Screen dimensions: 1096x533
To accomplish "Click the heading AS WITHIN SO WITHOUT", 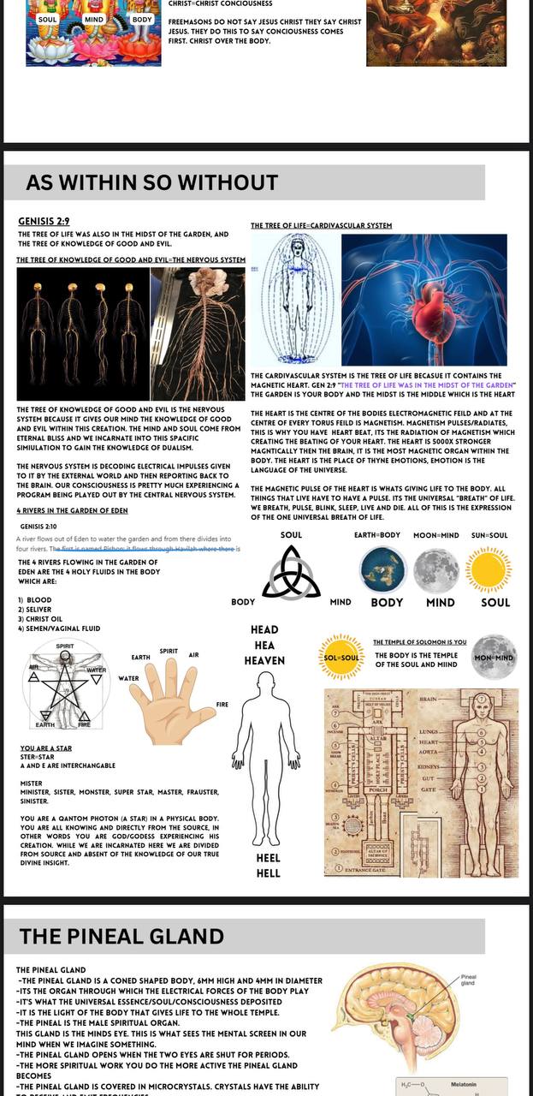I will (151, 182).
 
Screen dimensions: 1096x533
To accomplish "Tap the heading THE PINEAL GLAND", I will (121, 936).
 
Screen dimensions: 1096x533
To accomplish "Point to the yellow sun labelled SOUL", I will (489, 569).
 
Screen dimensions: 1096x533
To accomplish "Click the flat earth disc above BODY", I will (383, 569).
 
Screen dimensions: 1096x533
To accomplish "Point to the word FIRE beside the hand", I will (222, 705).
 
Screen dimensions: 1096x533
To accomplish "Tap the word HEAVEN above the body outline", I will (264, 660).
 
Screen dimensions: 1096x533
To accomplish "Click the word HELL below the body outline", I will (268, 873).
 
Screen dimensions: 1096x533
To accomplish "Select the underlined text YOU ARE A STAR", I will (46, 748).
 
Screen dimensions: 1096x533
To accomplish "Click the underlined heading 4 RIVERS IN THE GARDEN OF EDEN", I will (73, 510).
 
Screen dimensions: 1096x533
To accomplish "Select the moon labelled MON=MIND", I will (494, 658).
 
